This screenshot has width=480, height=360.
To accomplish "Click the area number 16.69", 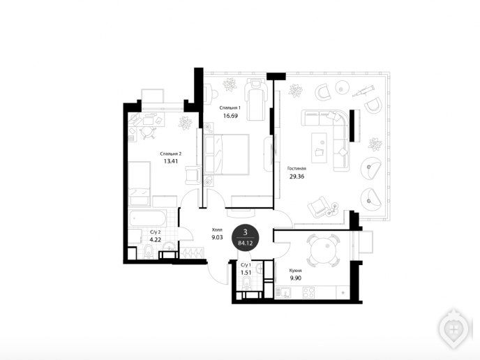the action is [x=230, y=116].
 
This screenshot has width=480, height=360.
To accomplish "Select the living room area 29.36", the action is [x=297, y=177].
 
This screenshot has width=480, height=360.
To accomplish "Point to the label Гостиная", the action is [x=297, y=168].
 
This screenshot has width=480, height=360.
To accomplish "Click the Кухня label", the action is [x=295, y=271].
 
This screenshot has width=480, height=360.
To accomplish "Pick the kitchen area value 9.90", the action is [x=295, y=278].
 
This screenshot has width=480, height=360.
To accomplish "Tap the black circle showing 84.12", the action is [x=245, y=238].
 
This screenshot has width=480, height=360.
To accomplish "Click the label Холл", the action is [x=217, y=230].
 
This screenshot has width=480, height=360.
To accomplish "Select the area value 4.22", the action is [x=155, y=240].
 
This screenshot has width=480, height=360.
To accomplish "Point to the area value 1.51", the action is [x=246, y=272].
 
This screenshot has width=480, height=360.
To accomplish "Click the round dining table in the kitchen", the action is [x=323, y=250].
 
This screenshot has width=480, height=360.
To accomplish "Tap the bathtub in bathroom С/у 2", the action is [x=147, y=218].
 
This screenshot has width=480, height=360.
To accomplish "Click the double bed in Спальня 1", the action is [x=227, y=154].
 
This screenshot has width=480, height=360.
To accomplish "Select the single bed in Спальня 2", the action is [x=140, y=183].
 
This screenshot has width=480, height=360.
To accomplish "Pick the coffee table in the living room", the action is [x=319, y=147].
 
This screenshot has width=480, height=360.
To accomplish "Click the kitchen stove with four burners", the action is [x=308, y=292].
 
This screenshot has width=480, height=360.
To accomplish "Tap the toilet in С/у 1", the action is [x=246, y=283].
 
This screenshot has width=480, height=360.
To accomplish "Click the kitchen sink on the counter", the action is [x=283, y=292].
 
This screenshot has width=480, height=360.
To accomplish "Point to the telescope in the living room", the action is [x=363, y=91].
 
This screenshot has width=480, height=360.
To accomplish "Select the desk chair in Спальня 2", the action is [x=147, y=133].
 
